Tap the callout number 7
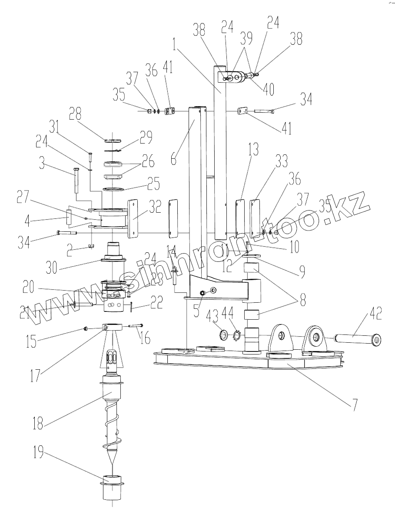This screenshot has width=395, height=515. pos(355,405)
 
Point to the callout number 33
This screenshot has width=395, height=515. pos(282,162)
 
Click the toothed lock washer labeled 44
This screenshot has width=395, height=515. pos(237,336)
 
